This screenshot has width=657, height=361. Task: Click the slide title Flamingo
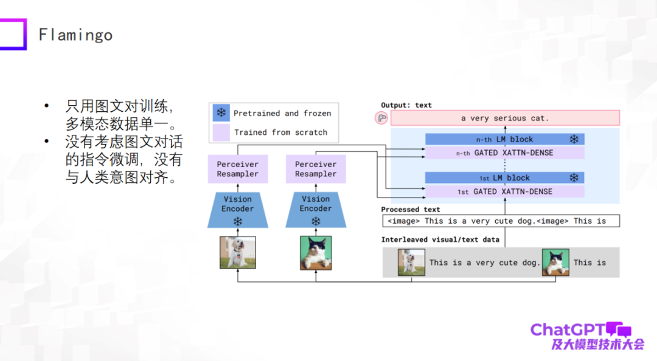(x=75, y=35)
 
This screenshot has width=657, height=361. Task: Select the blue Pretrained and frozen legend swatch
(x=221, y=113)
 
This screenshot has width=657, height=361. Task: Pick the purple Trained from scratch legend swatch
(x=221, y=132)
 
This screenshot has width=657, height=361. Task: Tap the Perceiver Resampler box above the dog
(x=237, y=169)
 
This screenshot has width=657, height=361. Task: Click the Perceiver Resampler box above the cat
(x=316, y=169)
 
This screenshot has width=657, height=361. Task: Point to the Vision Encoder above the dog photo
(x=237, y=205)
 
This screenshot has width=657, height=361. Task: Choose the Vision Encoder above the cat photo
(x=316, y=205)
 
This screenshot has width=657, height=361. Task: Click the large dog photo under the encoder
(x=237, y=253)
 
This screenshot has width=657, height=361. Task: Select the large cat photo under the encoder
(x=316, y=253)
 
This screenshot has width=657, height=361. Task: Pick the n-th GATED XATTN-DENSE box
(x=504, y=153)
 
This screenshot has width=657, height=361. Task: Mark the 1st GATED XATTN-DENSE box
(x=504, y=191)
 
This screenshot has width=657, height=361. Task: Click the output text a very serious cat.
(x=505, y=118)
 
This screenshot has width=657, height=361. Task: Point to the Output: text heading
(x=406, y=105)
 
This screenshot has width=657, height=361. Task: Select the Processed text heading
(x=411, y=210)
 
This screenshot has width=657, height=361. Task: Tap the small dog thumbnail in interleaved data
(x=411, y=263)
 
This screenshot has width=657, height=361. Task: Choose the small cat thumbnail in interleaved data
(x=555, y=263)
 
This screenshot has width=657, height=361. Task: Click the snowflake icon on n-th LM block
(x=574, y=139)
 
